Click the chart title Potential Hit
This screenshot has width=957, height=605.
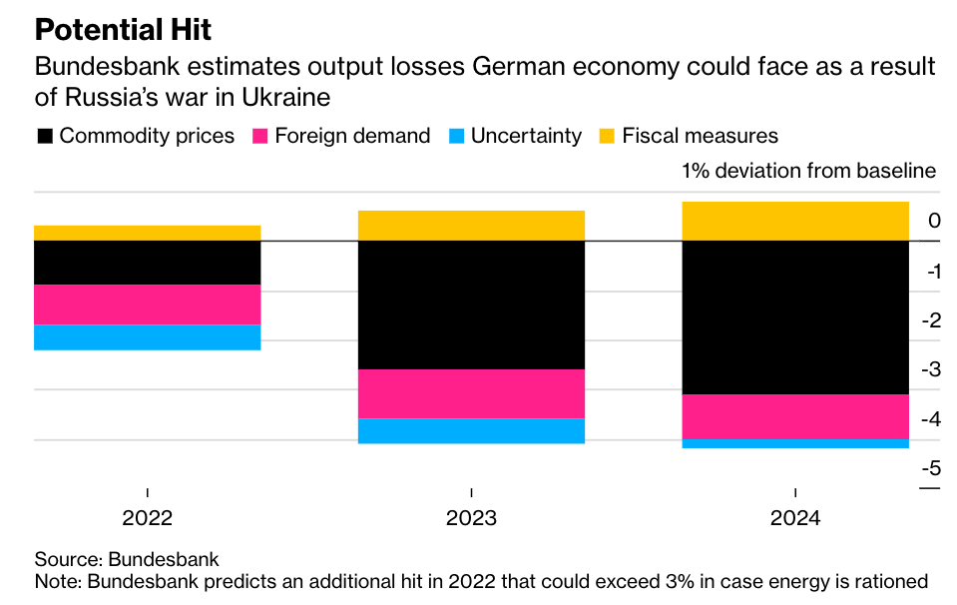123,29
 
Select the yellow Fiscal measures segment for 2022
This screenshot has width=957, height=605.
147,233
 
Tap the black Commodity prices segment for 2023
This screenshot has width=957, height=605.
471,304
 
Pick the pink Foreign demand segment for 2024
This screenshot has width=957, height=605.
795,416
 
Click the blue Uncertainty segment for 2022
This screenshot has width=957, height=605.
147,337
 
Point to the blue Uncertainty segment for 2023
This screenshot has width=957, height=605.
471,430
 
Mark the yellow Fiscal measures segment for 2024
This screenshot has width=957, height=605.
795,221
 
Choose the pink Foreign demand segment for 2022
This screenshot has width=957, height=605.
147,304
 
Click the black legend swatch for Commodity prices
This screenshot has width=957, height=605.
44,136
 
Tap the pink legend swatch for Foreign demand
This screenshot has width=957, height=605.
259,136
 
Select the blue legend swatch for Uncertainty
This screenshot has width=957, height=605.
456,136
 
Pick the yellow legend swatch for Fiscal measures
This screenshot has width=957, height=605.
607,136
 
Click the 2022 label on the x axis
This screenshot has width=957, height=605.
147,519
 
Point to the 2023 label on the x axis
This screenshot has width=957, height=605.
471,519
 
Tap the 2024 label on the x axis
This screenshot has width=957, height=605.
795,519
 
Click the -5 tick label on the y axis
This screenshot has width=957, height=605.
929,467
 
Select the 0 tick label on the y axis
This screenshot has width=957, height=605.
934,221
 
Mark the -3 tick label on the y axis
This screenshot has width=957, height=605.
929,369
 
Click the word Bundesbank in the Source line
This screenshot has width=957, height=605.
163,559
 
